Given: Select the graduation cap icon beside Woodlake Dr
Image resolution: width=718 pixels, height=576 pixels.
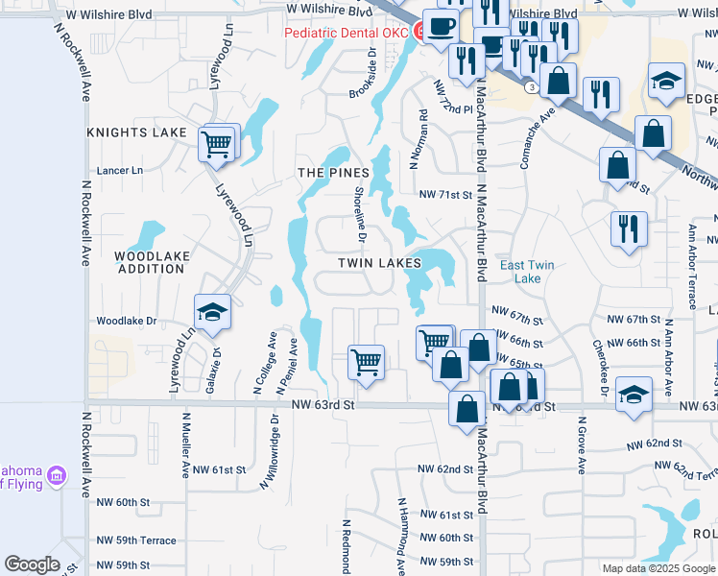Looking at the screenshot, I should [x=212, y=313].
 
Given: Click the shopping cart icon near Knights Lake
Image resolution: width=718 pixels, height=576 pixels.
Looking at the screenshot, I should [x=216, y=144].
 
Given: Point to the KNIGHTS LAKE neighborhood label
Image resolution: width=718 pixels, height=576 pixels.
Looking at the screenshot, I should [x=136, y=132].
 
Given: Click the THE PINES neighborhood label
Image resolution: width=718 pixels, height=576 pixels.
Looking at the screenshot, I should [x=333, y=173].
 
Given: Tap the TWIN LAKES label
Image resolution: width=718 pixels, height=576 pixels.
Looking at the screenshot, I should [x=379, y=262].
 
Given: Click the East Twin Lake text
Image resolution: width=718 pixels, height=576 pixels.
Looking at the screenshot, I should [x=527, y=272].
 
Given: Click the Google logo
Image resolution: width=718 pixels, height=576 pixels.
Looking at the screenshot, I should [x=32, y=564].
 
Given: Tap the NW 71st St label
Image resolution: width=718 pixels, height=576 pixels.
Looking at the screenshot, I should [x=445, y=194].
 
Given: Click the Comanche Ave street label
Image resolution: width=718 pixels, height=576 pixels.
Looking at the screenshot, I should [x=538, y=139].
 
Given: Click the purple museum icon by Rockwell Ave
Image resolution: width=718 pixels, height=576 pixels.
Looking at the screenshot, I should [x=57, y=475].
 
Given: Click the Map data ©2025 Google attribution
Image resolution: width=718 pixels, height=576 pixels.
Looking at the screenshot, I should [x=658, y=568].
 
